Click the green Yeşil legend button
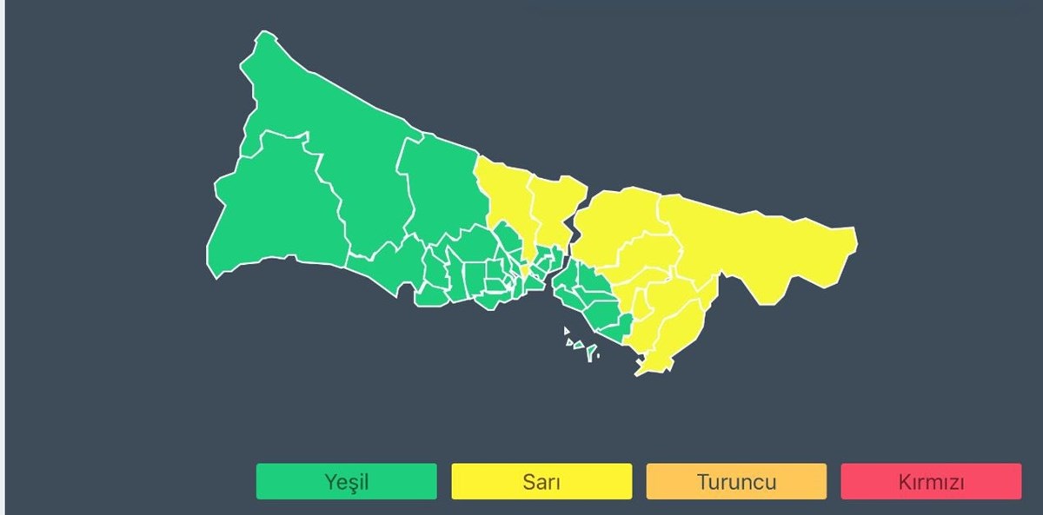pyautogui.click(x=346, y=481)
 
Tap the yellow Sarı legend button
pyautogui.click(x=541, y=481)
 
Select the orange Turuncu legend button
pyautogui.click(x=736, y=481)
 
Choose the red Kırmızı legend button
pyautogui.click(x=931, y=481)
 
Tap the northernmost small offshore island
pyautogui.click(x=566, y=331)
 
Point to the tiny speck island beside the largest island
pyautogui.click(x=597, y=358)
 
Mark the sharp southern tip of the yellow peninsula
pyautogui.click(x=639, y=374)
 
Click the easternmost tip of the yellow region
pyautogui.click(x=856, y=236)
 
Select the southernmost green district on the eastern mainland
pyautogui.click(x=614, y=331)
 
